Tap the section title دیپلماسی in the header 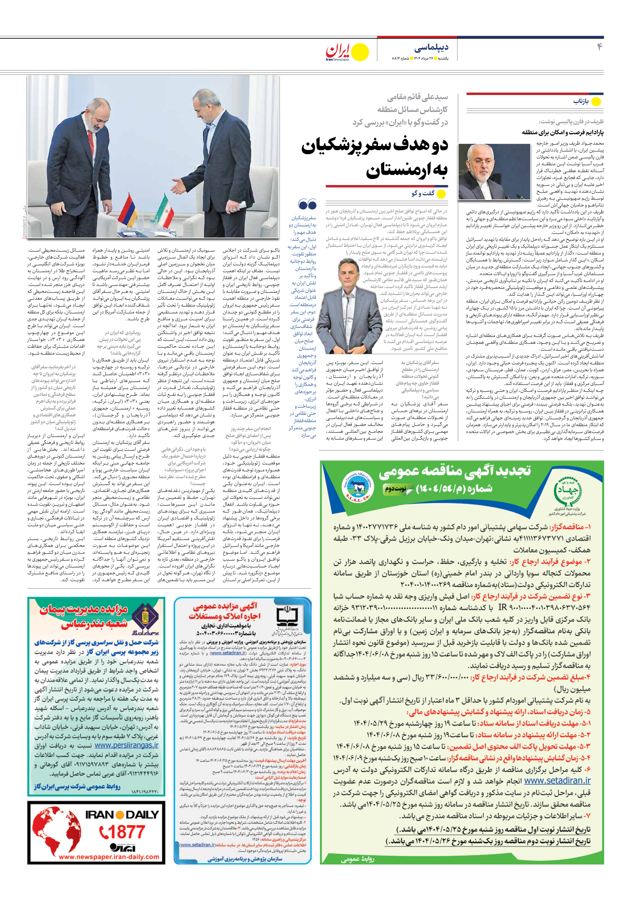click(x=431, y=48)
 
